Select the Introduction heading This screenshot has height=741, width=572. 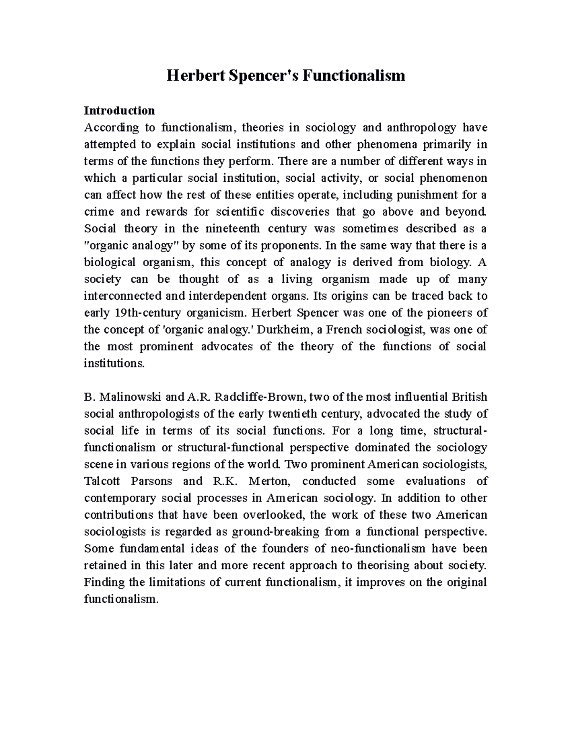[x=119, y=111]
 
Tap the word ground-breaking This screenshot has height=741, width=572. [x=273, y=532]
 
